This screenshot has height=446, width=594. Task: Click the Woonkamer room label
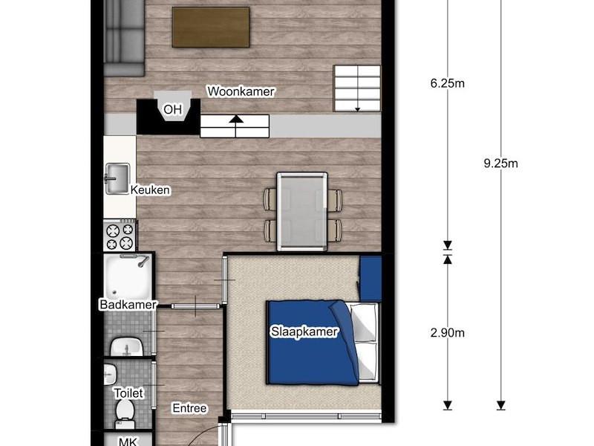coord(241,91)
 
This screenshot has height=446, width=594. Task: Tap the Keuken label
coord(150,190)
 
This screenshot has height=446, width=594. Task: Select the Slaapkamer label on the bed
coord(304,332)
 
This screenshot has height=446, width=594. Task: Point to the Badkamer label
coord(128,304)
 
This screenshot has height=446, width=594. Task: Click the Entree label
coord(189,408)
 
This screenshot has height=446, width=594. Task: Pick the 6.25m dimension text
coord(448,83)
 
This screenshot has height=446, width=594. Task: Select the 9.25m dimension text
coord(500,164)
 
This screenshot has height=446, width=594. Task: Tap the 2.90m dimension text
coord(448,332)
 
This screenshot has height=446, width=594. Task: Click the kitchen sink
coord(117,178)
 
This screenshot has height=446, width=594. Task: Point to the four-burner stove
coord(120,236)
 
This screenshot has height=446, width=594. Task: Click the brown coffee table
coord(211,27)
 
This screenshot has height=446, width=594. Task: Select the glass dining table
coord(302,212)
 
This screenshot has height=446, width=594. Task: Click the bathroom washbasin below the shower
coord(126,346)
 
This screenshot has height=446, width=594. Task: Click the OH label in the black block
coord(173,109)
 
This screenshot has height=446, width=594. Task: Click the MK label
coord(128,442)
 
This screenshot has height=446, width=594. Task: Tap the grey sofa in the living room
coord(124,38)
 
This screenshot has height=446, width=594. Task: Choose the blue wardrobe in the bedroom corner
coord(370,279)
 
